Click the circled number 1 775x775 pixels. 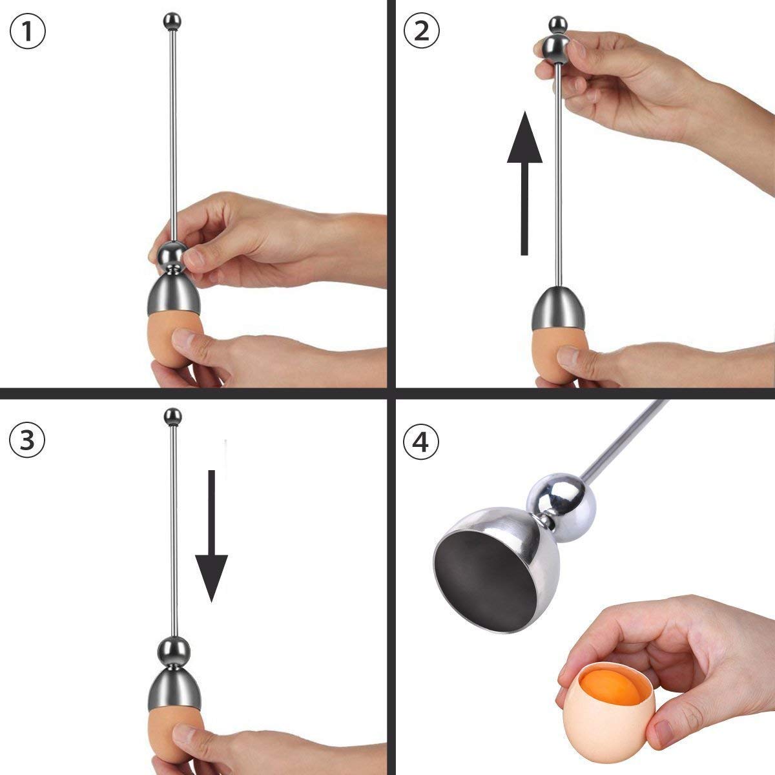point(28,33)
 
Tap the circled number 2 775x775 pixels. point(421,30)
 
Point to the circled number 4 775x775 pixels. point(421,443)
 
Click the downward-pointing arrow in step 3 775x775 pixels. point(211,536)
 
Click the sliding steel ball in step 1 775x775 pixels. point(172,255)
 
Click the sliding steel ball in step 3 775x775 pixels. point(173,650)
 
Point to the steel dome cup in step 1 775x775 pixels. point(173,294)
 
